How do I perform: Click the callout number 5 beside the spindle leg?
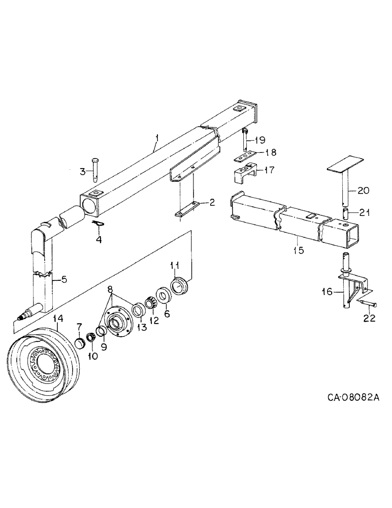point(64,279)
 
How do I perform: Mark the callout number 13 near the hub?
point(141,327)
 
